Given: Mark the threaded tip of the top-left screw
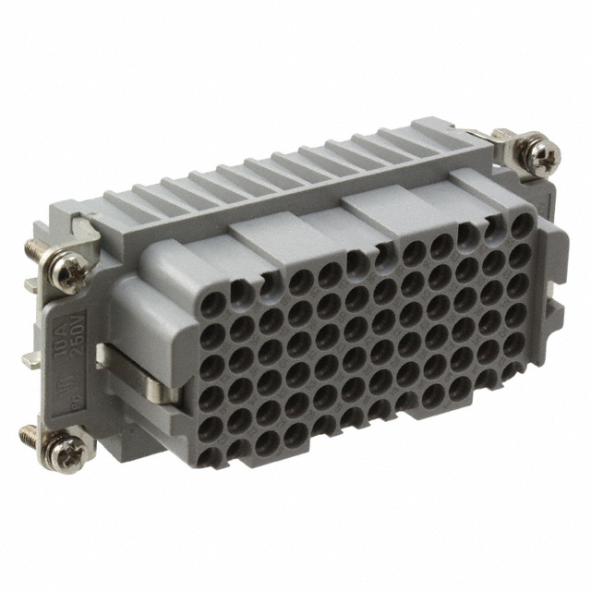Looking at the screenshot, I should [29, 247].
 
